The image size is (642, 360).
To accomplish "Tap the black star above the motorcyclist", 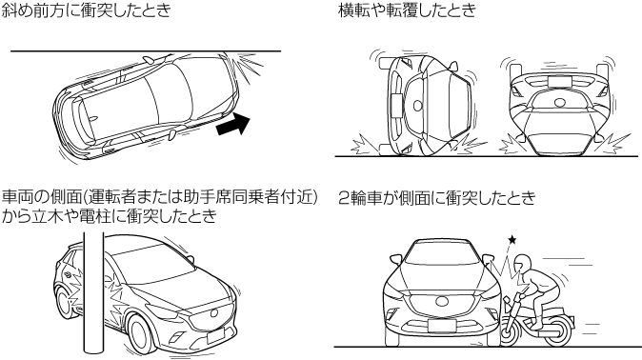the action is (x=512, y=239).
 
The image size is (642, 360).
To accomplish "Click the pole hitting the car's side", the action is (x=93, y=292).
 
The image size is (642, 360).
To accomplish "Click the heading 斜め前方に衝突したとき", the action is (x=86, y=10).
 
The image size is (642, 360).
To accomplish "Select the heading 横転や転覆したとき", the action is (x=408, y=10).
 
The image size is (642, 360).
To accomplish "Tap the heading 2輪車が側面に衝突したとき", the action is (x=437, y=197).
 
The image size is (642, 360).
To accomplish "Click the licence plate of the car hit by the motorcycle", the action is (x=442, y=326).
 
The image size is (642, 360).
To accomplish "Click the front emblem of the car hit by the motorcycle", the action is (x=442, y=301).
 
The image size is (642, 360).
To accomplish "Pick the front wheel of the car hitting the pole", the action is (x=142, y=332).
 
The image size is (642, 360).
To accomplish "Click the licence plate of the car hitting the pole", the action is (x=216, y=336).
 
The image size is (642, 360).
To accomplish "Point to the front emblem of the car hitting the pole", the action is (x=213, y=313).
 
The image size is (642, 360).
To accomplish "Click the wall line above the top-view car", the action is (x=146, y=51).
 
